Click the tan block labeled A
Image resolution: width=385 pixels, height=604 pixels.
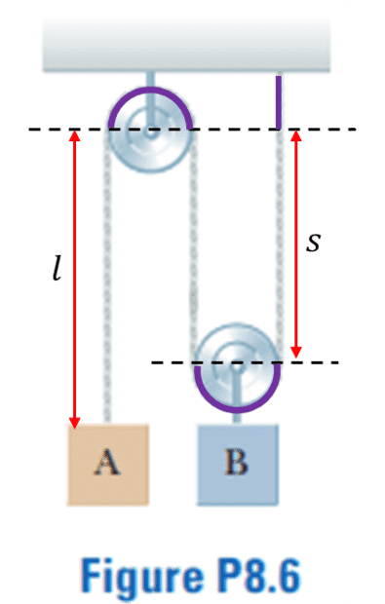[x=108, y=465]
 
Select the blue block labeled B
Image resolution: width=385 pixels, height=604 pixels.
[x=238, y=465]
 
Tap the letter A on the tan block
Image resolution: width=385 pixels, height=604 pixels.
[x=107, y=462]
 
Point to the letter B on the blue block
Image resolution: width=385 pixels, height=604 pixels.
[x=236, y=462]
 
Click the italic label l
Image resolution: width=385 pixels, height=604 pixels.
[x=57, y=269]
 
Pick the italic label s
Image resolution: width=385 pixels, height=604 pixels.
[x=313, y=244]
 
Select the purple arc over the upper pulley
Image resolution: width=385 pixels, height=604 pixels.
[x=150, y=89]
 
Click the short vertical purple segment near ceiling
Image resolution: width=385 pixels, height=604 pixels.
[x=278, y=102]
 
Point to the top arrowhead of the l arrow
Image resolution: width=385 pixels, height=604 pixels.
[x=75, y=136]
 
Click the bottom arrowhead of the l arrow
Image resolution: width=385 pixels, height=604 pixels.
[x=75, y=422]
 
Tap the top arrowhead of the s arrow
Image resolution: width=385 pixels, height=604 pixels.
[x=296, y=136]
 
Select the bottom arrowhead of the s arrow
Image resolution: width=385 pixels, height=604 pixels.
[x=296, y=352]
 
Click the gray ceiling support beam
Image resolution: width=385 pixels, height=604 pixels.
[x=186, y=43]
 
